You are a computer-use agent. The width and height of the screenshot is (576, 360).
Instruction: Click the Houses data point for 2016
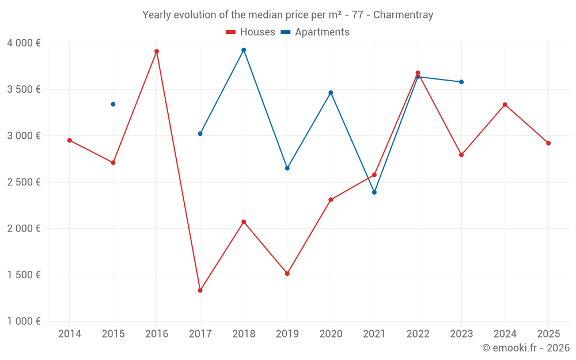(x=157, y=51)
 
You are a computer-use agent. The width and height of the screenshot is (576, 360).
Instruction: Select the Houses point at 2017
(x=200, y=290)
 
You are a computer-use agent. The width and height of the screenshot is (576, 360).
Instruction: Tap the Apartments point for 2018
(x=244, y=50)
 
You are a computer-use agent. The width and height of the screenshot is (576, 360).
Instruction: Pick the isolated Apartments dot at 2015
(x=113, y=104)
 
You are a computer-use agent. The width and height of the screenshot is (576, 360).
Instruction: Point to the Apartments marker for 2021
(x=374, y=192)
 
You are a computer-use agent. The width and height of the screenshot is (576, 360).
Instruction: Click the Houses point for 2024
(x=505, y=105)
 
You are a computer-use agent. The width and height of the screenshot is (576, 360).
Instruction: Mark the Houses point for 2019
(x=287, y=274)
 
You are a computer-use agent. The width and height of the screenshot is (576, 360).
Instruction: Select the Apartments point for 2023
(x=461, y=82)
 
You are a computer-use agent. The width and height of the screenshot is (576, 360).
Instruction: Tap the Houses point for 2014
(x=70, y=141)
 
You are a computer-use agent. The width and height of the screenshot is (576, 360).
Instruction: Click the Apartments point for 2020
(x=331, y=93)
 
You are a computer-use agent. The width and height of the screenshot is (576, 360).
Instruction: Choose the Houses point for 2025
(x=548, y=143)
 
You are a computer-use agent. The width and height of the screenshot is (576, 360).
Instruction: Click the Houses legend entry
(x=251, y=32)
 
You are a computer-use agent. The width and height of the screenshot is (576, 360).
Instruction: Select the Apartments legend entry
(x=315, y=32)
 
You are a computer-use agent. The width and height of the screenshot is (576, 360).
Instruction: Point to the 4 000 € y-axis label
(x=24, y=43)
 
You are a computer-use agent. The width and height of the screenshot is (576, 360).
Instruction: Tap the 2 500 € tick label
(x=24, y=182)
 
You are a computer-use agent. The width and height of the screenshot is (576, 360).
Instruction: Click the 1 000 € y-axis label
(x=24, y=321)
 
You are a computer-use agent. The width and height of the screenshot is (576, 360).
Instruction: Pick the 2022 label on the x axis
(x=418, y=334)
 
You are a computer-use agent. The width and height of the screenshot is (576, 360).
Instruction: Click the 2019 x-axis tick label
(x=287, y=334)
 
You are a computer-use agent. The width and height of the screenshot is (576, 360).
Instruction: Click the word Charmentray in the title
(x=403, y=15)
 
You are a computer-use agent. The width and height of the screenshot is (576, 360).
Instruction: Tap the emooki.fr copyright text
(x=526, y=348)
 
